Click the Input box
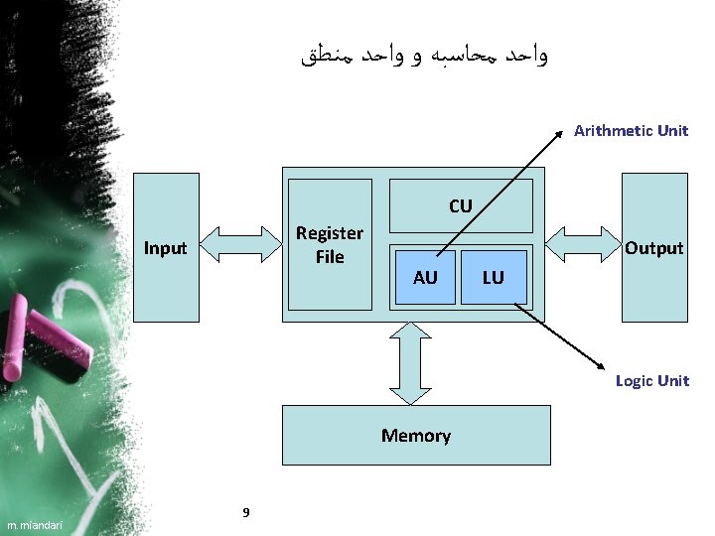166,248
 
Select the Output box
654,248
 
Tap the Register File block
330,244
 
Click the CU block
460,206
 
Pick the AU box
425,278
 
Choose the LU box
494,278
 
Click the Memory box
416,435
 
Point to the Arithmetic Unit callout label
631,130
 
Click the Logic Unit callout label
651,380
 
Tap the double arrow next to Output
583,244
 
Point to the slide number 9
245,512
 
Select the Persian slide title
423,56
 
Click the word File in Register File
330,257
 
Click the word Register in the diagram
330,233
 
